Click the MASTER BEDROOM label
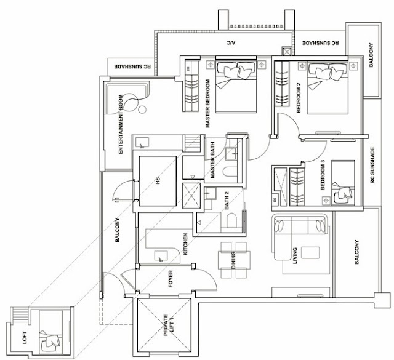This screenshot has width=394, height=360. click(207, 103)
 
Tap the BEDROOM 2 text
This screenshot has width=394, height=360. click(299, 98)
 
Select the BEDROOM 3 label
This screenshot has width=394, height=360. click(323, 175)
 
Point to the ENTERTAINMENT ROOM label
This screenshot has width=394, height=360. click(121, 124)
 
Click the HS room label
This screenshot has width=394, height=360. click(158, 181)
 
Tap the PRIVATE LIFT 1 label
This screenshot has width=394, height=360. click(168, 325)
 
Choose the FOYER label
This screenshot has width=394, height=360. click(171, 279)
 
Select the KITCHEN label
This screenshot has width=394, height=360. click(185, 244)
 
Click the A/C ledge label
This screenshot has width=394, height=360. click(231, 43)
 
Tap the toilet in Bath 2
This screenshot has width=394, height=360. click(231, 220)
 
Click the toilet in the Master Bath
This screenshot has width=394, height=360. click(230, 172)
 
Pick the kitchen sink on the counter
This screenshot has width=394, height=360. click(161, 256)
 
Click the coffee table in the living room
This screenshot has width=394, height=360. click(310, 252)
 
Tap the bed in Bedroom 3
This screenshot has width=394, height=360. click(343, 183)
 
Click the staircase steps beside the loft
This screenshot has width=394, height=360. click(20, 314)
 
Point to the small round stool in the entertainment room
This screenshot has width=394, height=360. click(142, 110)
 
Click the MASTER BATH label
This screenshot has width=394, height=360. click(212, 160)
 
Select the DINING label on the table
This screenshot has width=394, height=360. click(234, 260)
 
